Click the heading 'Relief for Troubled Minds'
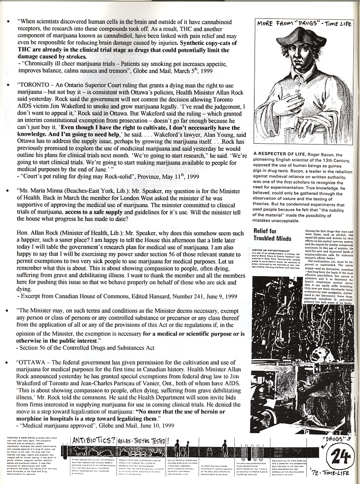tap(272, 235)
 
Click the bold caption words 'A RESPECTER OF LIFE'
tap(279, 155)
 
